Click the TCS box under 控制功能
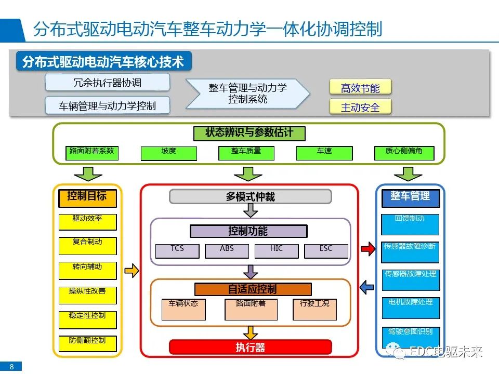pyautogui.click(x=177, y=251)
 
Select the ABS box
pyautogui.click(x=227, y=251)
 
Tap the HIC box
pyautogui.click(x=277, y=251)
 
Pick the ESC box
pyautogui.click(x=326, y=251)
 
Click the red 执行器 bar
pyautogui.click(x=250, y=347)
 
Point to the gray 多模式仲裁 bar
pyautogui.click(x=250, y=196)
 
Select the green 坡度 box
pyautogui.click(x=168, y=153)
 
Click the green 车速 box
pyautogui.click(x=324, y=153)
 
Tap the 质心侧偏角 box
pyautogui.click(x=403, y=153)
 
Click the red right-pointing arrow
pyautogui.click(x=367, y=249)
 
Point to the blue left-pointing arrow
pyautogui.click(x=367, y=286)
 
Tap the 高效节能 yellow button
pyautogui.click(x=360, y=88)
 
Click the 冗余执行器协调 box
pyautogui.click(x=108, y=83)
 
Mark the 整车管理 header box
pyautogui.click(x=410, y=197)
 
